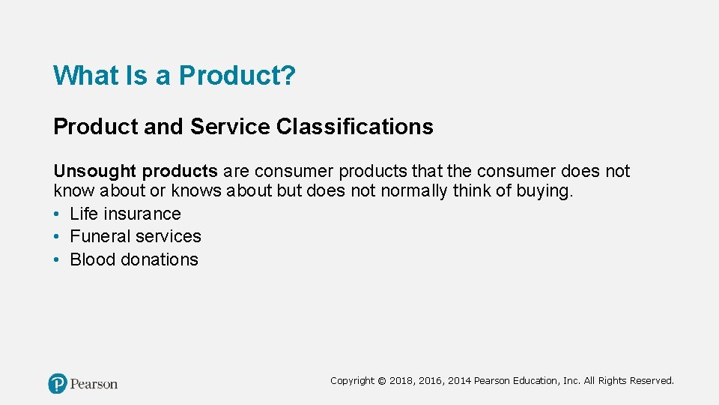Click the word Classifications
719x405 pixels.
tap(354, 127)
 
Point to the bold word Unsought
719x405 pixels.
tap(95, 171)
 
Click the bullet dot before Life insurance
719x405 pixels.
tap(57, 214)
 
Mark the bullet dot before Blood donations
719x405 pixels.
tap(57, 260)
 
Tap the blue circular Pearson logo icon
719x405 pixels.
tap(58, 384)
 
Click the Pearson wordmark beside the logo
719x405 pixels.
tap(94, 384)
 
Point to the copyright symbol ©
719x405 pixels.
tap(382, 381)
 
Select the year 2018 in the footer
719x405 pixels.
tap(401, 381)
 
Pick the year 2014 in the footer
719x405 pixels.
tap(460, 381)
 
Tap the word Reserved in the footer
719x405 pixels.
tap(652, 381)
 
